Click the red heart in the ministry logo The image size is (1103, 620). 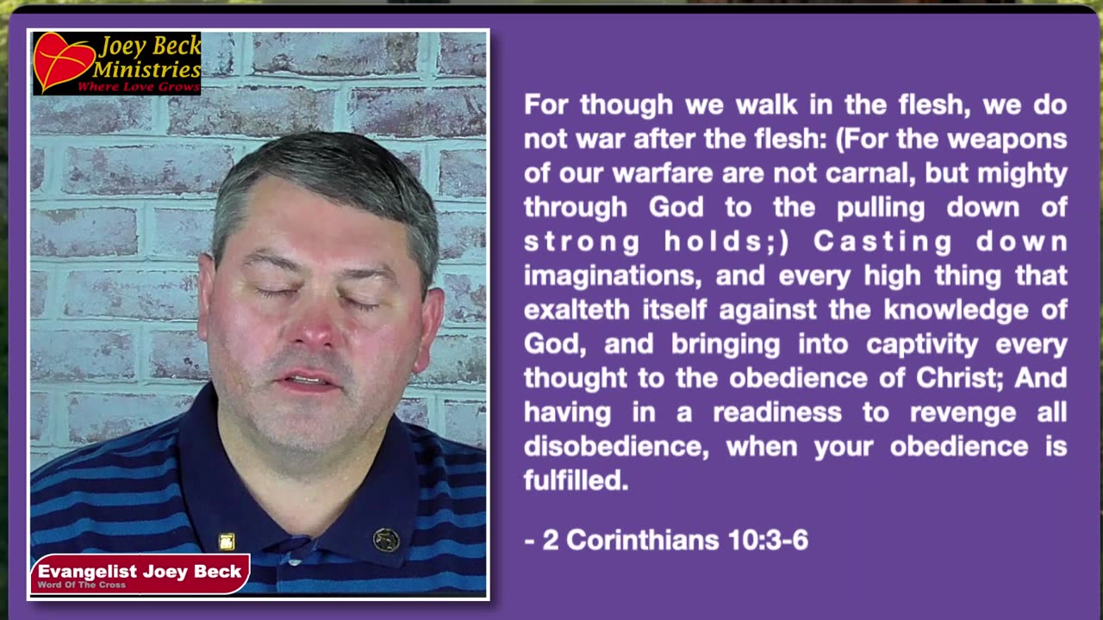[63, 61]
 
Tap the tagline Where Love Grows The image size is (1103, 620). [139, 87]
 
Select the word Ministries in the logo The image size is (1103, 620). [146, 69]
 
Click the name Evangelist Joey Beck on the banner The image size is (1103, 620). [140, 571]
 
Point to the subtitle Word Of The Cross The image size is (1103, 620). [82, 585]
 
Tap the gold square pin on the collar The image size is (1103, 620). [227, 542]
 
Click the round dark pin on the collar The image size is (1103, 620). [385, 540]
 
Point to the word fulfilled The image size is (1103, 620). [576, 480]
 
